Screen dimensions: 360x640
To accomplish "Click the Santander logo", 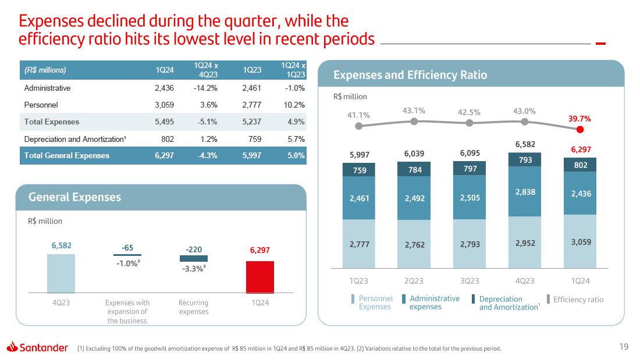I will (38, 348).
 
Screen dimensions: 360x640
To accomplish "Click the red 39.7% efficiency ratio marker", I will (580, 129).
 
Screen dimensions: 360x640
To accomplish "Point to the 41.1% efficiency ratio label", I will (358, 115).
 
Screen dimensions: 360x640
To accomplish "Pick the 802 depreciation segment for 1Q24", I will (580, 165).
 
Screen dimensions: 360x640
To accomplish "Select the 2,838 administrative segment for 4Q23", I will (525, 191).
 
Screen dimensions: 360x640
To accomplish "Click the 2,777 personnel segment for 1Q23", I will (359, 244).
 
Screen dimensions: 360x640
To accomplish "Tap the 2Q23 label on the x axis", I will (414, 281).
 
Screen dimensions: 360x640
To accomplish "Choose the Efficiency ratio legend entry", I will (578, 300).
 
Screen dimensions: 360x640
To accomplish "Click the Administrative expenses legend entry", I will (434, 302).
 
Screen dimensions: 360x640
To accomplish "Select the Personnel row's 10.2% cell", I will (293, 105).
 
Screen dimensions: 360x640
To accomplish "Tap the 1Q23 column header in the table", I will (253, 70).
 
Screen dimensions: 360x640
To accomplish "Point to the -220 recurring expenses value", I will (194, 249).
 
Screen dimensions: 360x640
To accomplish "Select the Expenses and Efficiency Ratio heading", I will (410, 75).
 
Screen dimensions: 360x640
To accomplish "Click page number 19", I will (624, 347).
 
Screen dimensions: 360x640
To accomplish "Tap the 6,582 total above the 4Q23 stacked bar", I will (525, 144).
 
